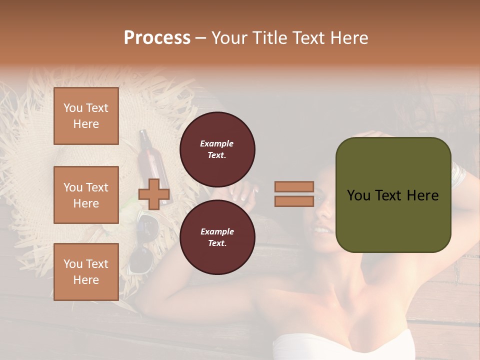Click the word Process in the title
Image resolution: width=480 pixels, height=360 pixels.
click(x=157, y=38)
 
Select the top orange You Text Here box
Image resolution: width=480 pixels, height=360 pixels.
click(x=86, y=116)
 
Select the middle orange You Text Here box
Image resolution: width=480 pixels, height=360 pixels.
click(x=86, y=195)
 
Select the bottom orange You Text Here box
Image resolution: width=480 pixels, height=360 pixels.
click(x=86, y=272)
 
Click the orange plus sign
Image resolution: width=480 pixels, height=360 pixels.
click(x=154, y=194)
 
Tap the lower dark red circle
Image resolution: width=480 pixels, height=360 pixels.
click(x=217, y=237)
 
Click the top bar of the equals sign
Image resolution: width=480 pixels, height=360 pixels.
click(x=294, y=187)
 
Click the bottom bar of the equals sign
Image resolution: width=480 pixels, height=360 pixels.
click(x=294, y=201)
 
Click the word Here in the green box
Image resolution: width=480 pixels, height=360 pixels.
click(x=422, y=195)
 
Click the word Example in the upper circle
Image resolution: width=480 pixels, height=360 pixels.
click(x=217, y=143)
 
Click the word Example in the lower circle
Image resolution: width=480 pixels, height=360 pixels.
click(x=217, y=231)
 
